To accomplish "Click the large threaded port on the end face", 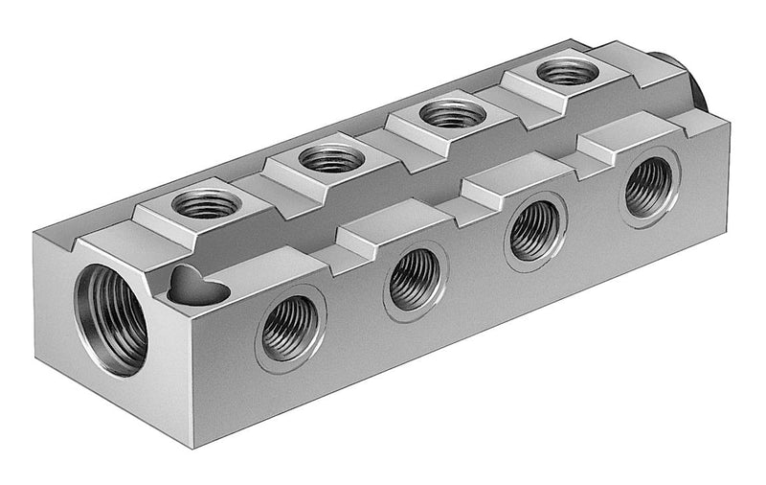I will tap(112, 320).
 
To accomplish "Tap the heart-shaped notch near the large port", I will tap(194, 285).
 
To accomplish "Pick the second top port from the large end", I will tap(331, 157).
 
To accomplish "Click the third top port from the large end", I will tap(453, 113).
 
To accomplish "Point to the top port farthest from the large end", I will tap(565, 71).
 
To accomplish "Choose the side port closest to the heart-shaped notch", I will tap(288, 327).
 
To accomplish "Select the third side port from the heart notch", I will tap(535, 230).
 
